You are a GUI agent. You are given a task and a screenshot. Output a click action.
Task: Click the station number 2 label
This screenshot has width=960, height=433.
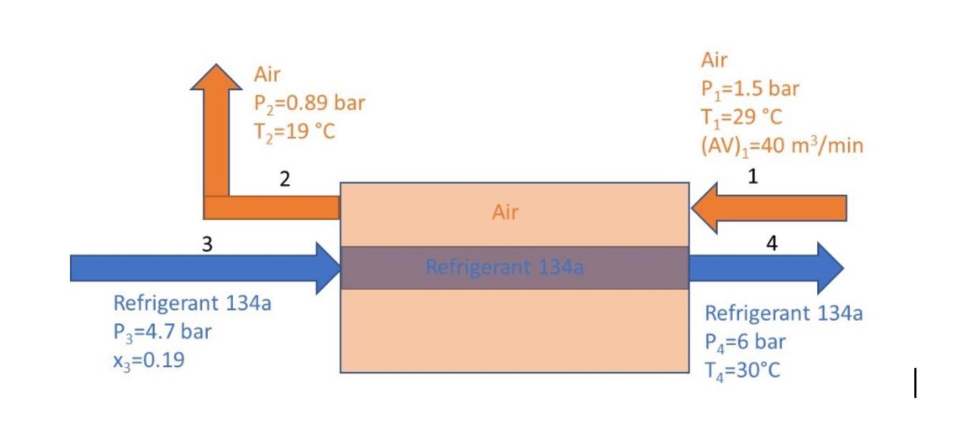pos(284,179)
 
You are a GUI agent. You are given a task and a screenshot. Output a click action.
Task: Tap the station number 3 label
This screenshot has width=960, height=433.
pos(207,244)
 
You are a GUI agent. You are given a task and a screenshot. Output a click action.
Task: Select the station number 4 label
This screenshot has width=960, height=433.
pos(771,244)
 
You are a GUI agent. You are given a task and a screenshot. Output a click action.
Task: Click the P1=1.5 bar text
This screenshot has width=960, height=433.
pos(749,89)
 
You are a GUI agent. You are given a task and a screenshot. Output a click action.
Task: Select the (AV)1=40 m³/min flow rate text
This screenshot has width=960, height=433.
pos(781,146)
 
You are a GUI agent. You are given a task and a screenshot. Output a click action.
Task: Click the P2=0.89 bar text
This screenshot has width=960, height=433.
pos(309,103)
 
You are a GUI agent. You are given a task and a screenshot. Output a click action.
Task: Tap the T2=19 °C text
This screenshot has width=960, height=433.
pos(294,132)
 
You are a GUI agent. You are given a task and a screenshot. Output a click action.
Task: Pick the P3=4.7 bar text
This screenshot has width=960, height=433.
pos(162,332)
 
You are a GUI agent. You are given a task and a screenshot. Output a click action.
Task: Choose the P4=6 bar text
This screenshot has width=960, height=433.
pos(745,342)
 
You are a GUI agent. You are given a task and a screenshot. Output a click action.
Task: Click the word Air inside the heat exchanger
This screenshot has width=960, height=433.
pos(505,212)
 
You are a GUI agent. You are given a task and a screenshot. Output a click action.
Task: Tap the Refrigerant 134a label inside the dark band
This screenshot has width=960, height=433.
pos(504,268)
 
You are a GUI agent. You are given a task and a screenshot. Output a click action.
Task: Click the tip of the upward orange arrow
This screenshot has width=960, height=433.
pos(216,66)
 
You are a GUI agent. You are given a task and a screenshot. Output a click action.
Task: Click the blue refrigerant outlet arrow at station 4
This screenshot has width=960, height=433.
pos(765,268)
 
